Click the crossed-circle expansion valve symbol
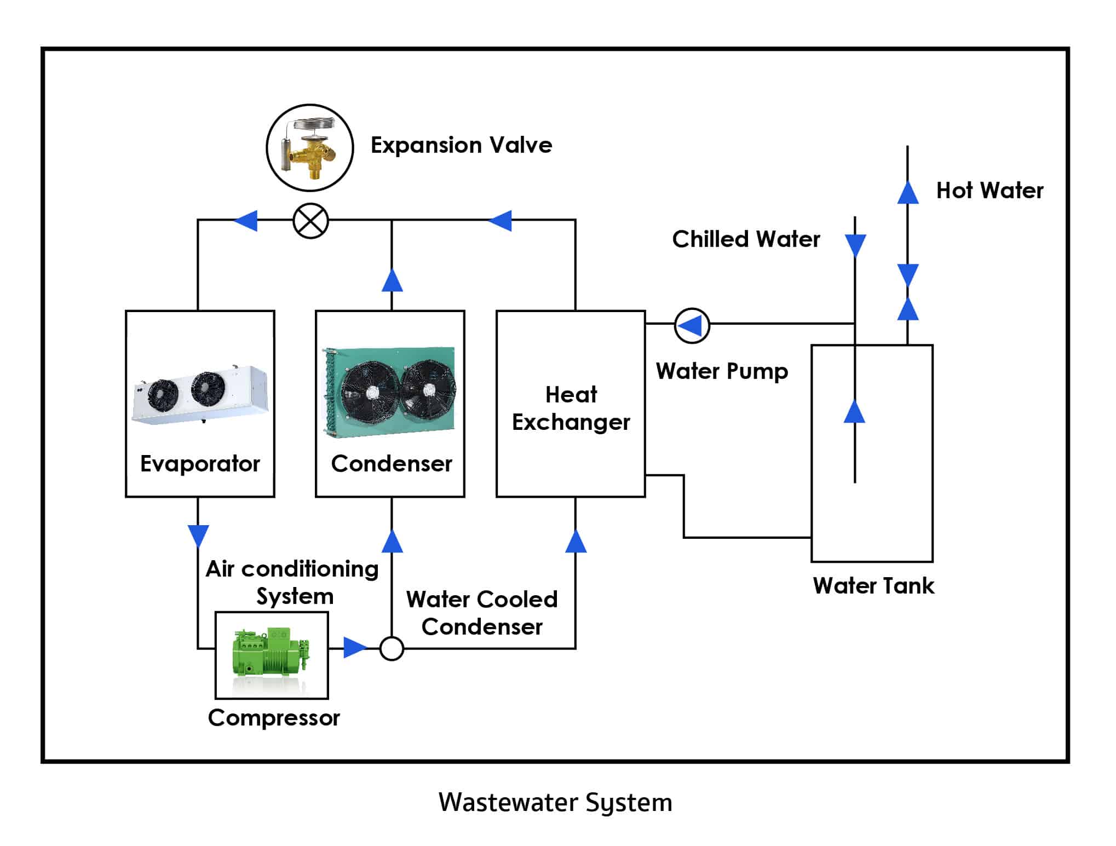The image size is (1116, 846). [310, 221]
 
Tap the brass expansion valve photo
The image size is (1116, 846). [310, 148]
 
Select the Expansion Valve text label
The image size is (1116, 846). [461, 145]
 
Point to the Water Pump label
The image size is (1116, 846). [721, 371]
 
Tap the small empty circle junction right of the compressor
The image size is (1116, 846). [392, 649]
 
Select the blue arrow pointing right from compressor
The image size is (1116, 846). [354, 647]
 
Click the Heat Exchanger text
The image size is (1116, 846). [571, 408]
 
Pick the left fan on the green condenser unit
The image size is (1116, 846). [370, 390]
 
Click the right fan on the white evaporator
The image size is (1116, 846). [208, 388]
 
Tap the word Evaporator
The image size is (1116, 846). [200, 464]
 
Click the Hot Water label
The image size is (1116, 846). [989, 191]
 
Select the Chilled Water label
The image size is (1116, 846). [745, 239]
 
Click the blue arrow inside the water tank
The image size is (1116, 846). [854, 411]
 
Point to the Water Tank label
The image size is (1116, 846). [873, 586]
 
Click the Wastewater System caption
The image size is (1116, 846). [555, 803]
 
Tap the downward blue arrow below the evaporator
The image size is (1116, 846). [198, 536]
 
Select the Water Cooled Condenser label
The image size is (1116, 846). [481, 613]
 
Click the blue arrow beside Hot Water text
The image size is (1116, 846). [907, 192]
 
